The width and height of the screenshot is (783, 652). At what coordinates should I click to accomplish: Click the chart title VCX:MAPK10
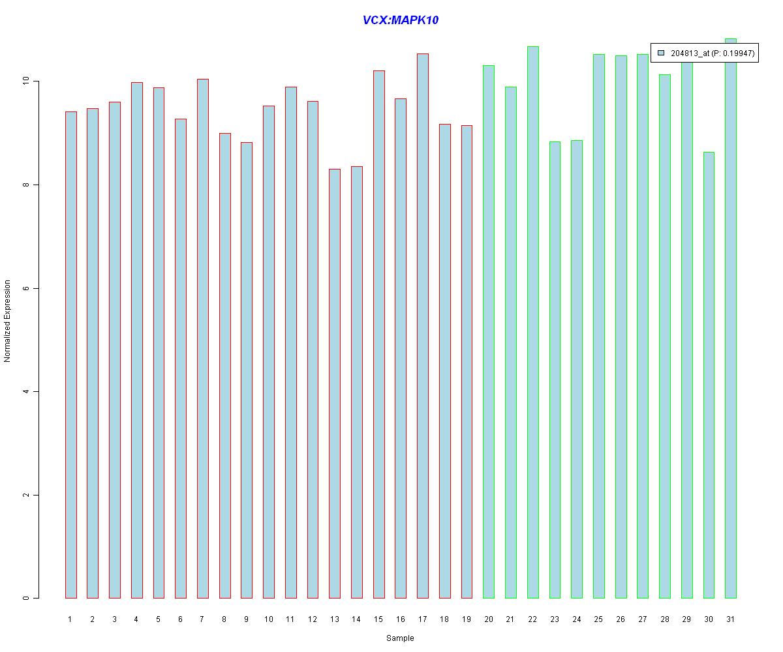[x=400, y=20]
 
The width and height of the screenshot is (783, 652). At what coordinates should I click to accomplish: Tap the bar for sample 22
[x=532, y=322]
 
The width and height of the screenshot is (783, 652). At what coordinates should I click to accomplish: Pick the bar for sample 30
[x=709, y=375]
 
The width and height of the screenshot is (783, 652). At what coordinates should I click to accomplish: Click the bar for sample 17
[x=423, y=326]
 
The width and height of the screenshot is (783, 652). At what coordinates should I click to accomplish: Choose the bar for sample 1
[x=70, y=355]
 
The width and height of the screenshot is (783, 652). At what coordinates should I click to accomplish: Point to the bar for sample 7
[x=202, y=338]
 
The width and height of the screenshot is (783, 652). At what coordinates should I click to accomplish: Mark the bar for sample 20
[x=489, y=332]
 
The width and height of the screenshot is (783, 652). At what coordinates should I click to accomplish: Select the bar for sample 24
[x=577, y=369]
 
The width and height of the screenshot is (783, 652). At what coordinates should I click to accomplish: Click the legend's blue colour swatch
[x=660, y=53]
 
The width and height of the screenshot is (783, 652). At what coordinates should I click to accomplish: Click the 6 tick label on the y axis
[x=26, y=288]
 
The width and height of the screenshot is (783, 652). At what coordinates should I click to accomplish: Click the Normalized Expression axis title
[x=8, y=321]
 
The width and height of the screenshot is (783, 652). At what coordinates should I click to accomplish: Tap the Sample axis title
[x=400, y=638]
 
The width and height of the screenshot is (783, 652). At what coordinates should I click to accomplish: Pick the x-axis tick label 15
[x=378, y=619]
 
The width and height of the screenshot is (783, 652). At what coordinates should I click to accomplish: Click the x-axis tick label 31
[x=730, y=619]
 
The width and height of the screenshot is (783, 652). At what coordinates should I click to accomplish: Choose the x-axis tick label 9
[x=246, y=619]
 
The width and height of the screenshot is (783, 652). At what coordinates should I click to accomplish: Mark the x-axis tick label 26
[x=621, y=619]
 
